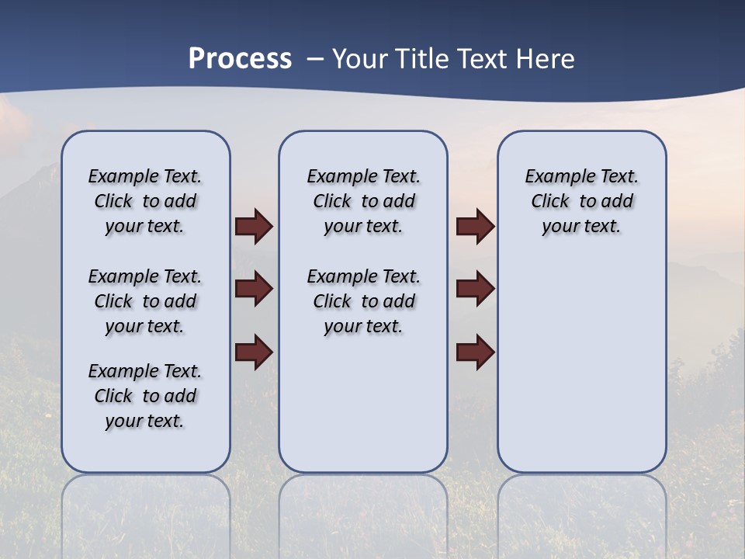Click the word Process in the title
(240, 59)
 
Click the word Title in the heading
(423, 59)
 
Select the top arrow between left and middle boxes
(254, 227)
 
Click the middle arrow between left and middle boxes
(254, 289)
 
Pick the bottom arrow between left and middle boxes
(254, 352)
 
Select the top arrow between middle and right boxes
(475, 227)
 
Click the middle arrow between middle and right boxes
(475, 289)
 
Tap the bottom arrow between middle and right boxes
(475, 352)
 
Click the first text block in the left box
(145, 201)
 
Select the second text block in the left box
(145, 301)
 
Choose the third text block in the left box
(145, 396)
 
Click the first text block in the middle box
(363, 201)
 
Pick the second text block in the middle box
(363, 301)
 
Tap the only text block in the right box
(581, 201)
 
